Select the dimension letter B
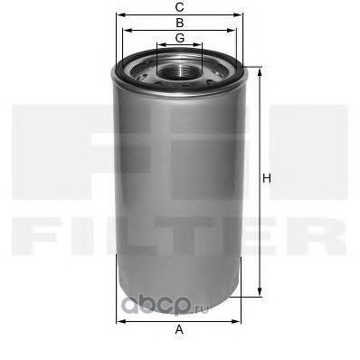(x=179, y=22)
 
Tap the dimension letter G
(x=179, y=37)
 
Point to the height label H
(x=267, y=178)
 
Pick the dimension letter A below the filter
(x=179, y=331)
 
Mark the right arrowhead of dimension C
(x=242, y=14)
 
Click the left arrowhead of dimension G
(x=158, y=45)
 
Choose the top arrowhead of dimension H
(x=261, y=70)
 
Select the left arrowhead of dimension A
(x=120, y=319)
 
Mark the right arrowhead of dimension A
(x=240, y=319)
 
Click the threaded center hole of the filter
(x=179, y=67)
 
